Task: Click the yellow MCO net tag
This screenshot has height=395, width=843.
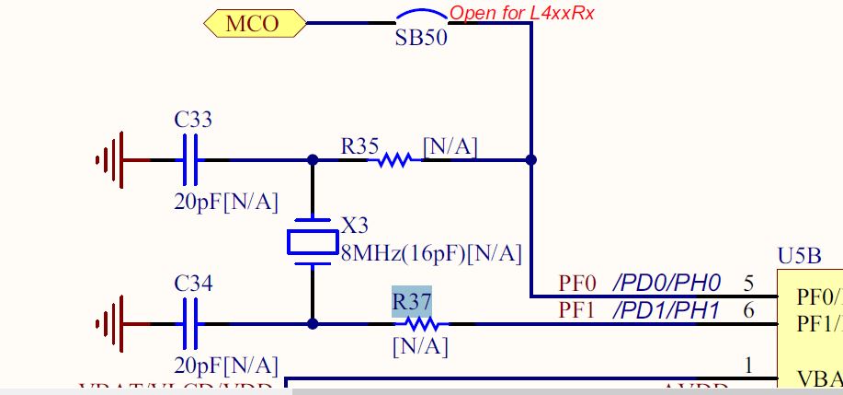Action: [x=252, y=24]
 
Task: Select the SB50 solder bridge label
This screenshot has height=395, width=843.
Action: [x=422, y=41]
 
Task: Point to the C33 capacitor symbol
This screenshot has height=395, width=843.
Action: [x=190, y=159]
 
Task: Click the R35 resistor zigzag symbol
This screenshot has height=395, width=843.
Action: [x=394, y=160]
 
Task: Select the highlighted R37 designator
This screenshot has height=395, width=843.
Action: [x=411, y=302]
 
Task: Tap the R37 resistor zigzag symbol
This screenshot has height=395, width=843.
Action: [x=422, y=324]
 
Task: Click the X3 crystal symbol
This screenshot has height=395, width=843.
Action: [x=313, y=240]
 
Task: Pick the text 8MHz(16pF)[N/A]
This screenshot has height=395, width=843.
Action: [x=431, y=253]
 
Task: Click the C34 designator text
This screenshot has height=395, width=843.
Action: [x=193, y=285]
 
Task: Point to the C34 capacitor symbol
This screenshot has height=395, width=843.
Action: [x=190, y=324]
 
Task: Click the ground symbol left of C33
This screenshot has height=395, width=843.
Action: [x=110, y=159]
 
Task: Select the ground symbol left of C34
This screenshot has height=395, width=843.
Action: [x=110, y=324]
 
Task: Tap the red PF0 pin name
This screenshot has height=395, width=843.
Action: [x=578, y=283]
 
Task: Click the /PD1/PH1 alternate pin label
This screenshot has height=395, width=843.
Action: [x=666, y=310]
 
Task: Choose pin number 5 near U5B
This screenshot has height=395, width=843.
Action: [x=748, y=283]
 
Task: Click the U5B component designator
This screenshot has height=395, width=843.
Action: [x=800, y=255]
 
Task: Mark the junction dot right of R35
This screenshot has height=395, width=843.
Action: [x=530, y=159]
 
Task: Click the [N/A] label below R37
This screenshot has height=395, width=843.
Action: [x=419, y=347]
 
